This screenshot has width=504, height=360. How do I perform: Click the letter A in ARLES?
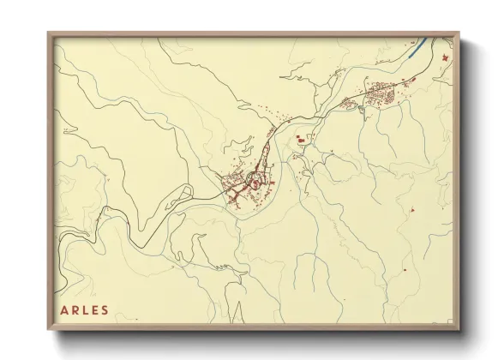pos(65,310)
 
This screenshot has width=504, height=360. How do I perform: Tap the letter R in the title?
pos(75,310)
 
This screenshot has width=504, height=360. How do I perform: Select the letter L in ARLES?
pos(86,310)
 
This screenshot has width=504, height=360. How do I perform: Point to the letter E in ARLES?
pos(95,310)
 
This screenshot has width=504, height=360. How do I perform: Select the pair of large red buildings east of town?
pos(301,137)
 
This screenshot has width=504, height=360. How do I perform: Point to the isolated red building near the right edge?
pos(412,210)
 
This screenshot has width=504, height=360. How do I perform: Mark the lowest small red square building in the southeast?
pos(405,271)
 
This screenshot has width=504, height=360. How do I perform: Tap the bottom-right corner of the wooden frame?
pos(459,330)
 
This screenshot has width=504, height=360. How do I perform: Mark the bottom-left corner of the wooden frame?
pos(48,330)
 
